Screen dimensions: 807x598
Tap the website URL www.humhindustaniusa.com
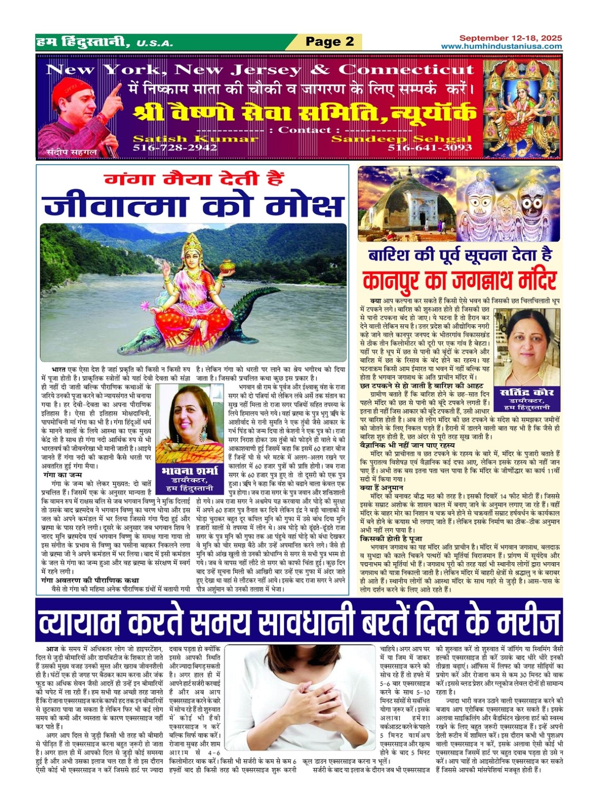[501, 46]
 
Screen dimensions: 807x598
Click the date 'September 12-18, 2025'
[511, 38]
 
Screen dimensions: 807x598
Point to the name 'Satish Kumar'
[195, 139]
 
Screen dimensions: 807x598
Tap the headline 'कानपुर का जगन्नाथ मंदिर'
[459, 279]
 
